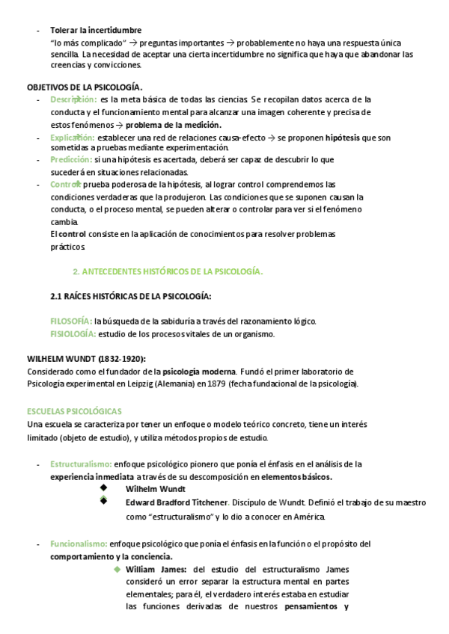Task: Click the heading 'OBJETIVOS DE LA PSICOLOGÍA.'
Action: [85, 87]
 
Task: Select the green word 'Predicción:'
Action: [70, 160]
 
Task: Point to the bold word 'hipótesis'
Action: [342, 138]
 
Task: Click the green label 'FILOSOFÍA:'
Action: [71, 321]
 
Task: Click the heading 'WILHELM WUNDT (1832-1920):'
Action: [86, 358]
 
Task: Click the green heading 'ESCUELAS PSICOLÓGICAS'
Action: [74, 411]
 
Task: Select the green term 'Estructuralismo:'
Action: [82, 464]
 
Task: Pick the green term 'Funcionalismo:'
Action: [79, 544]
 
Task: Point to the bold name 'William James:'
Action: [156, 569]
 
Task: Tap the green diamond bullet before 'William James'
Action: [117, 569]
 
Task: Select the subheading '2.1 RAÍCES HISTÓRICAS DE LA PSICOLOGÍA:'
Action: [130, 296]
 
